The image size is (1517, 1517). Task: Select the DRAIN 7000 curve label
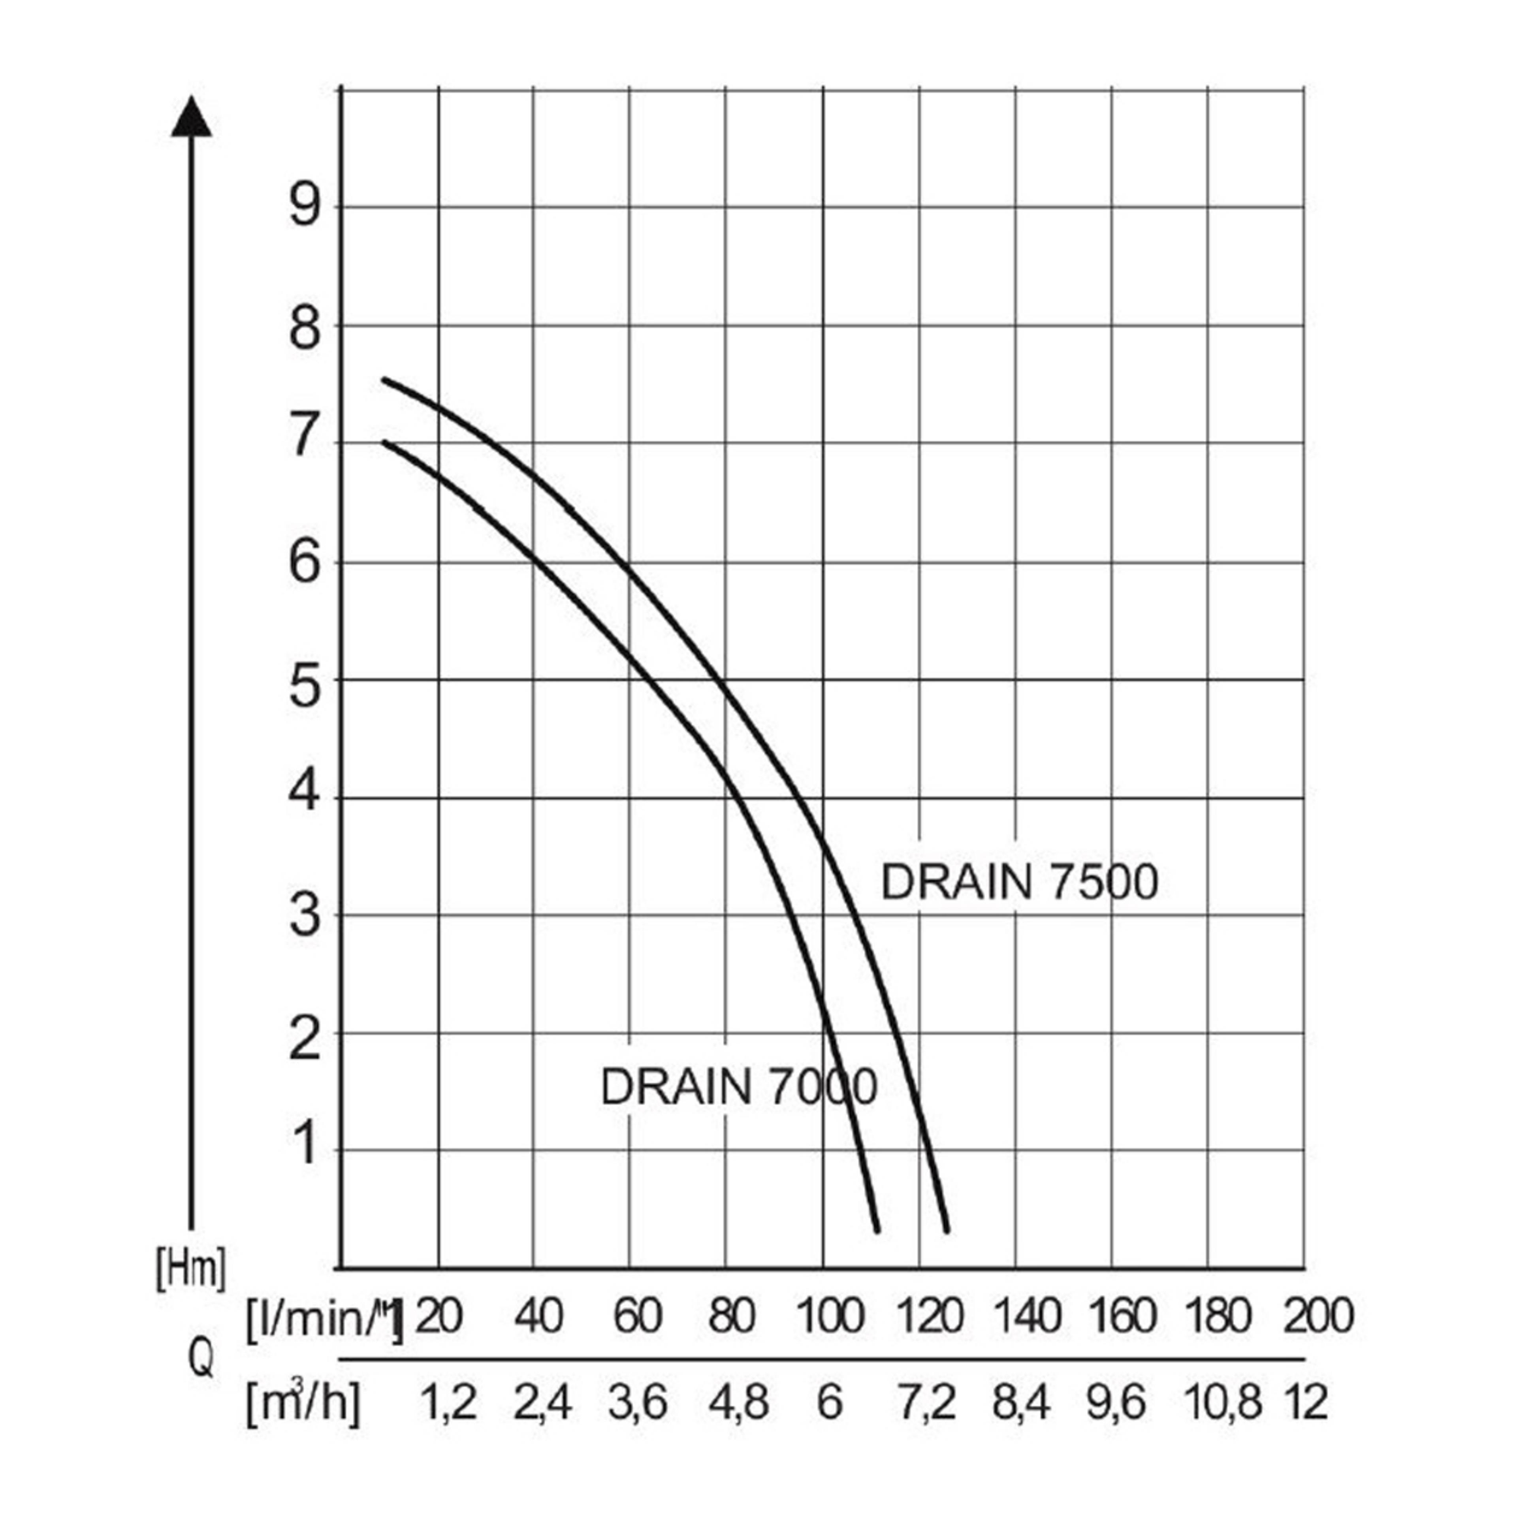click(x=738, y=1088)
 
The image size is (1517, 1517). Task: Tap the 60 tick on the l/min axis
click(x=637, y=1316)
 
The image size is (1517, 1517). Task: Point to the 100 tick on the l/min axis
click(x=831, y=1316)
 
